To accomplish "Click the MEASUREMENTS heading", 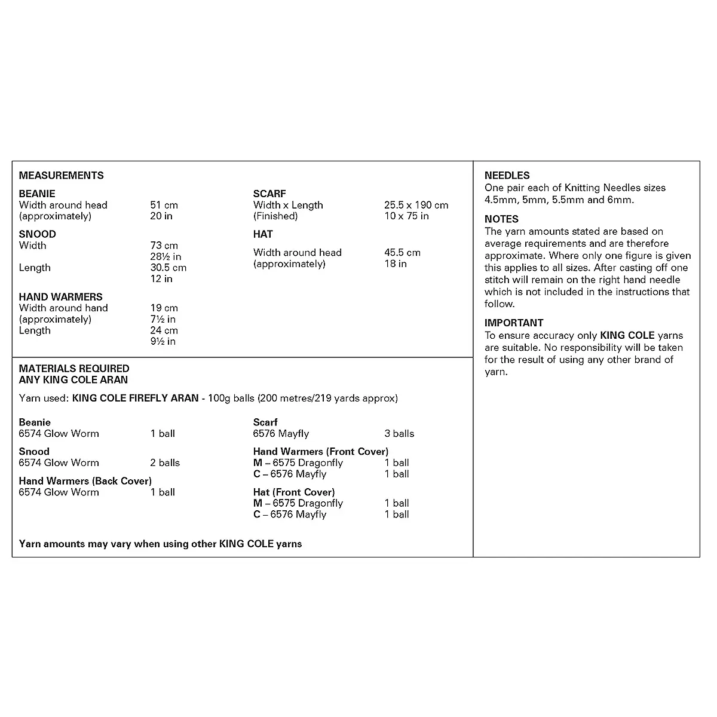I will [x=61, y=175].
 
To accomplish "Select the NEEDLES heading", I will [x=507, y=175].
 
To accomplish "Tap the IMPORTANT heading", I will [x=514, y=323].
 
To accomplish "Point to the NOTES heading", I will [x=501, y=219].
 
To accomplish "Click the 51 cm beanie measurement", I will [x=164, y=205].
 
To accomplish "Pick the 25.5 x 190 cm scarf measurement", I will [x=416, y=205].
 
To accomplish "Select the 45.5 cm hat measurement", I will [x=402, y=252].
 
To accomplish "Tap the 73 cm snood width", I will [x=164, y=246].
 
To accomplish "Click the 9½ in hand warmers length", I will [x=163, y=341].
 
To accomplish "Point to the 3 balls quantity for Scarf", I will [x=399, y=433].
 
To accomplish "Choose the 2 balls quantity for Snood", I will [x=165, y=462].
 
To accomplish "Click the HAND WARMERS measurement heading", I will [x=60, y=296].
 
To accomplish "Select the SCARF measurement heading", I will [x=269, y=194].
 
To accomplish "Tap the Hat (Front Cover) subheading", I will [x=293, y=492].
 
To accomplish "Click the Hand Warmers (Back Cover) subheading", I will [x=85, y=480].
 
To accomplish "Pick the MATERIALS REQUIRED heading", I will [x=74, y=369].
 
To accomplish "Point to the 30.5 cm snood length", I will [x=168, y=268].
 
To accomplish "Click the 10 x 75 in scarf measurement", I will [x=406, y=216].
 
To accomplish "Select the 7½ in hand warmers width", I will [x=163, y=319].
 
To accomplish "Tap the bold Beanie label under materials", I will [x=35, y=422].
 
